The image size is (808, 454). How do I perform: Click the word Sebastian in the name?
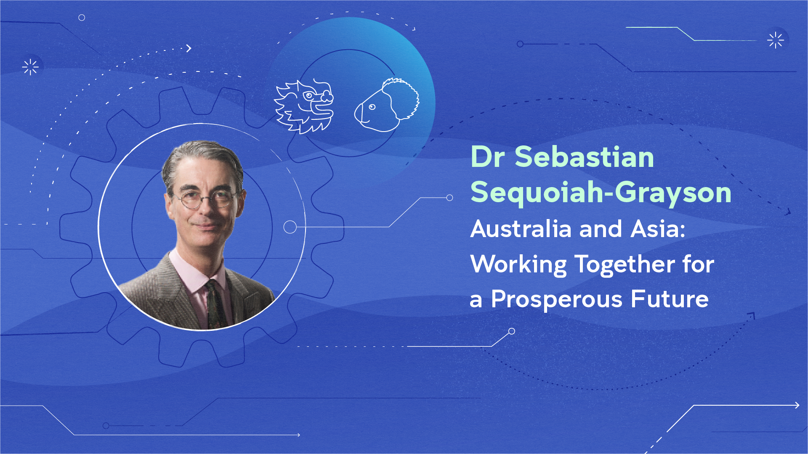pos(584,157)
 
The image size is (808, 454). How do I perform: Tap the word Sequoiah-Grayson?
pos(601,193)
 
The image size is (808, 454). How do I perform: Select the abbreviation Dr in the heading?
pos(487,157)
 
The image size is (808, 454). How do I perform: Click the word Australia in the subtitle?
pos(521,229)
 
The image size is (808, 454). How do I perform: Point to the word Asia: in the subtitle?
pos(658,229)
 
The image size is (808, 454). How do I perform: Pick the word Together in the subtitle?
pos(625,265)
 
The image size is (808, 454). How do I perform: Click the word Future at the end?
pos(670,299)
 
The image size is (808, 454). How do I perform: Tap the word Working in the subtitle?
pos(519,265)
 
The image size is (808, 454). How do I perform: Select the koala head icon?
pos(387,105)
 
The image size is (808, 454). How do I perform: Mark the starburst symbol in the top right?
pos(776,40)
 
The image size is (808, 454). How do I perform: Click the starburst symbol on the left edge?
pos(30,67)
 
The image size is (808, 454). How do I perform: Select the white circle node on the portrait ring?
pos(290,227)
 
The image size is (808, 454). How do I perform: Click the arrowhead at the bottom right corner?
pos(797,405)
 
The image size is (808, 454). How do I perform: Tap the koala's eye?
pos(372,107)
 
